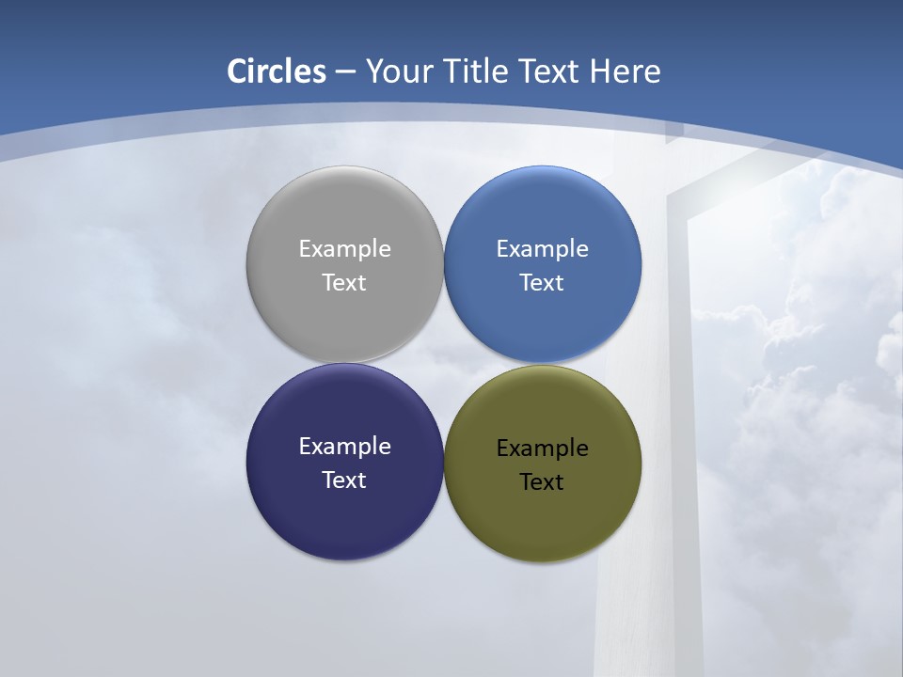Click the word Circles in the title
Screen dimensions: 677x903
tap(277, 71)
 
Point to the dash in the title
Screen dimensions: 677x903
tap(345, 72)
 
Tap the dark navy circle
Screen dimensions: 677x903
tap(344, 508)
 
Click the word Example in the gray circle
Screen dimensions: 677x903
tap(344, 249)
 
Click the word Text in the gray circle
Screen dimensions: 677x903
tap(344, 283)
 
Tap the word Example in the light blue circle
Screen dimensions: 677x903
tap(543, 249)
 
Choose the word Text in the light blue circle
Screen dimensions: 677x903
tap(542, 283)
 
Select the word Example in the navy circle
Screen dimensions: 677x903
tap(344, 447)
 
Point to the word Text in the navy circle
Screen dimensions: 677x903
tap(344, 480)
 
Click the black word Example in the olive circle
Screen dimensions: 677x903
tap(543, 449)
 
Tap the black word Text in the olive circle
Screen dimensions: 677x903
tap(542, 482)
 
